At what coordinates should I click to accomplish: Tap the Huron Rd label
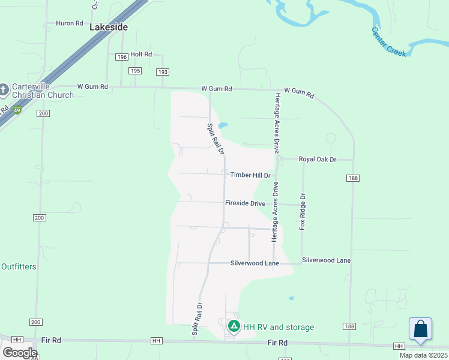pyautogui.click(x=69, y=23)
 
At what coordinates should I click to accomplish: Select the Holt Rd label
pyautogui.click(x=141, y=54)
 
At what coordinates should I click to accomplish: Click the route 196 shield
pyautogui.click(x=122, y=57)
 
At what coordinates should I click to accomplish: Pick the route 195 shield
pyautogui.click(x=134, y=71)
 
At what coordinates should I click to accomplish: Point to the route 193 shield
pyautogui.click(x=162, y=72)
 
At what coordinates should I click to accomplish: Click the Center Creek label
pyautogui.click(x=388, y=41)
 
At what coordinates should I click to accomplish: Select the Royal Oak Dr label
pyautogui.click(x=317, y=160)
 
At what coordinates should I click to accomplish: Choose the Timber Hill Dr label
pyautogui.click(x=250, y=175)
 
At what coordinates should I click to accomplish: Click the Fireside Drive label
pyautogui.click(x=245, y=203)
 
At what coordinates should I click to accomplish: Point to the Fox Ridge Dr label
pyautogui.click(x=303, y=211)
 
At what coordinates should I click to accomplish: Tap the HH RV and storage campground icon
pyautogui.click(x=234, y=327)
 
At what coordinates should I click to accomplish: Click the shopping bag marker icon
pyautogui.click(x=421, y=329)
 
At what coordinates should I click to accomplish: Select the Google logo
pyautogui.click(x=19, y=353)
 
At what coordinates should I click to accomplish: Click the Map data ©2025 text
pyautogui.click(x=423, y=355)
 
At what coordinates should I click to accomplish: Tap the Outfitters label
pyautogui.click(x=19, y=266)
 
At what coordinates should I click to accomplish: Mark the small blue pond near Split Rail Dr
pyautogui.click(x=223, y=125)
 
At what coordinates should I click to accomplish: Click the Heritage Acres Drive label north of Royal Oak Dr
pyautogui.click(x=277, y=123)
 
